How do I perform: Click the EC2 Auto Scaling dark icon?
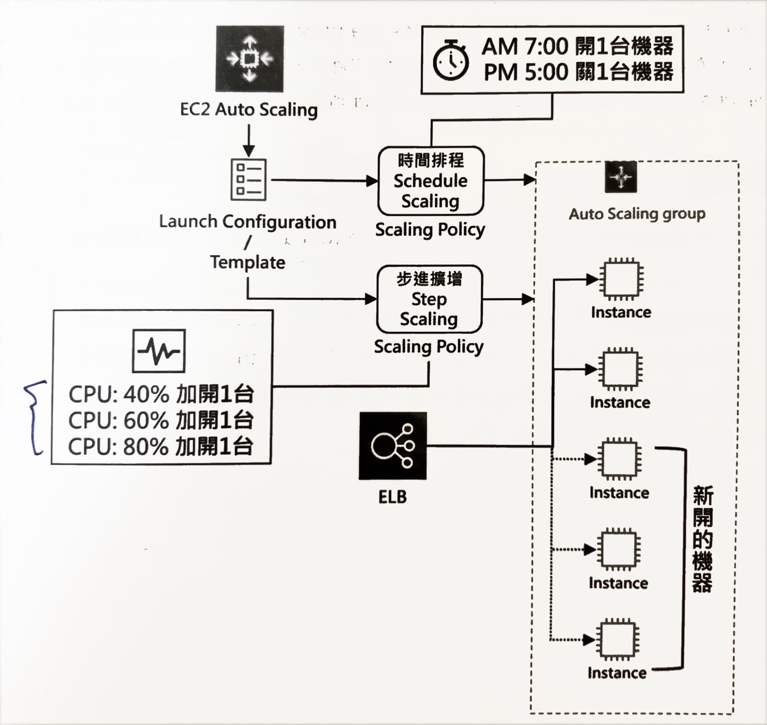[x=250, y=59]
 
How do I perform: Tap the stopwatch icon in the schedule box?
[x=451, y=60]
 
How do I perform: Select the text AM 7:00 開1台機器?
[x=578, y=47]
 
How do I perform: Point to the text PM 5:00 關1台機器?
[x=578, y=72]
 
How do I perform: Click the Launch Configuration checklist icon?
[x=248, y=180]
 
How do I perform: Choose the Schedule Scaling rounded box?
[x=431, y=181]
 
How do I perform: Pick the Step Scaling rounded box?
[x=429, y=299]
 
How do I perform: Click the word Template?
[x=248, y=263]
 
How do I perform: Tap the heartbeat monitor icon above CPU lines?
[x=159, y=351]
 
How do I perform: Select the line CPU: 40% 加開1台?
[x=161, y=394]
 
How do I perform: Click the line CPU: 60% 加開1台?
[x=161, y=420]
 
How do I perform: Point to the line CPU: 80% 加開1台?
[x=161, y=447]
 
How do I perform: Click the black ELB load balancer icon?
[x=393, y=446]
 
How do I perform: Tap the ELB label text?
[x=392, y=497]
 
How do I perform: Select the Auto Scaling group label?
[x=637, y=214]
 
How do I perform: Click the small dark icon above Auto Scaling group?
[x=621, y=177]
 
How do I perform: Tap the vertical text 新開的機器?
[x=703, y=539]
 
